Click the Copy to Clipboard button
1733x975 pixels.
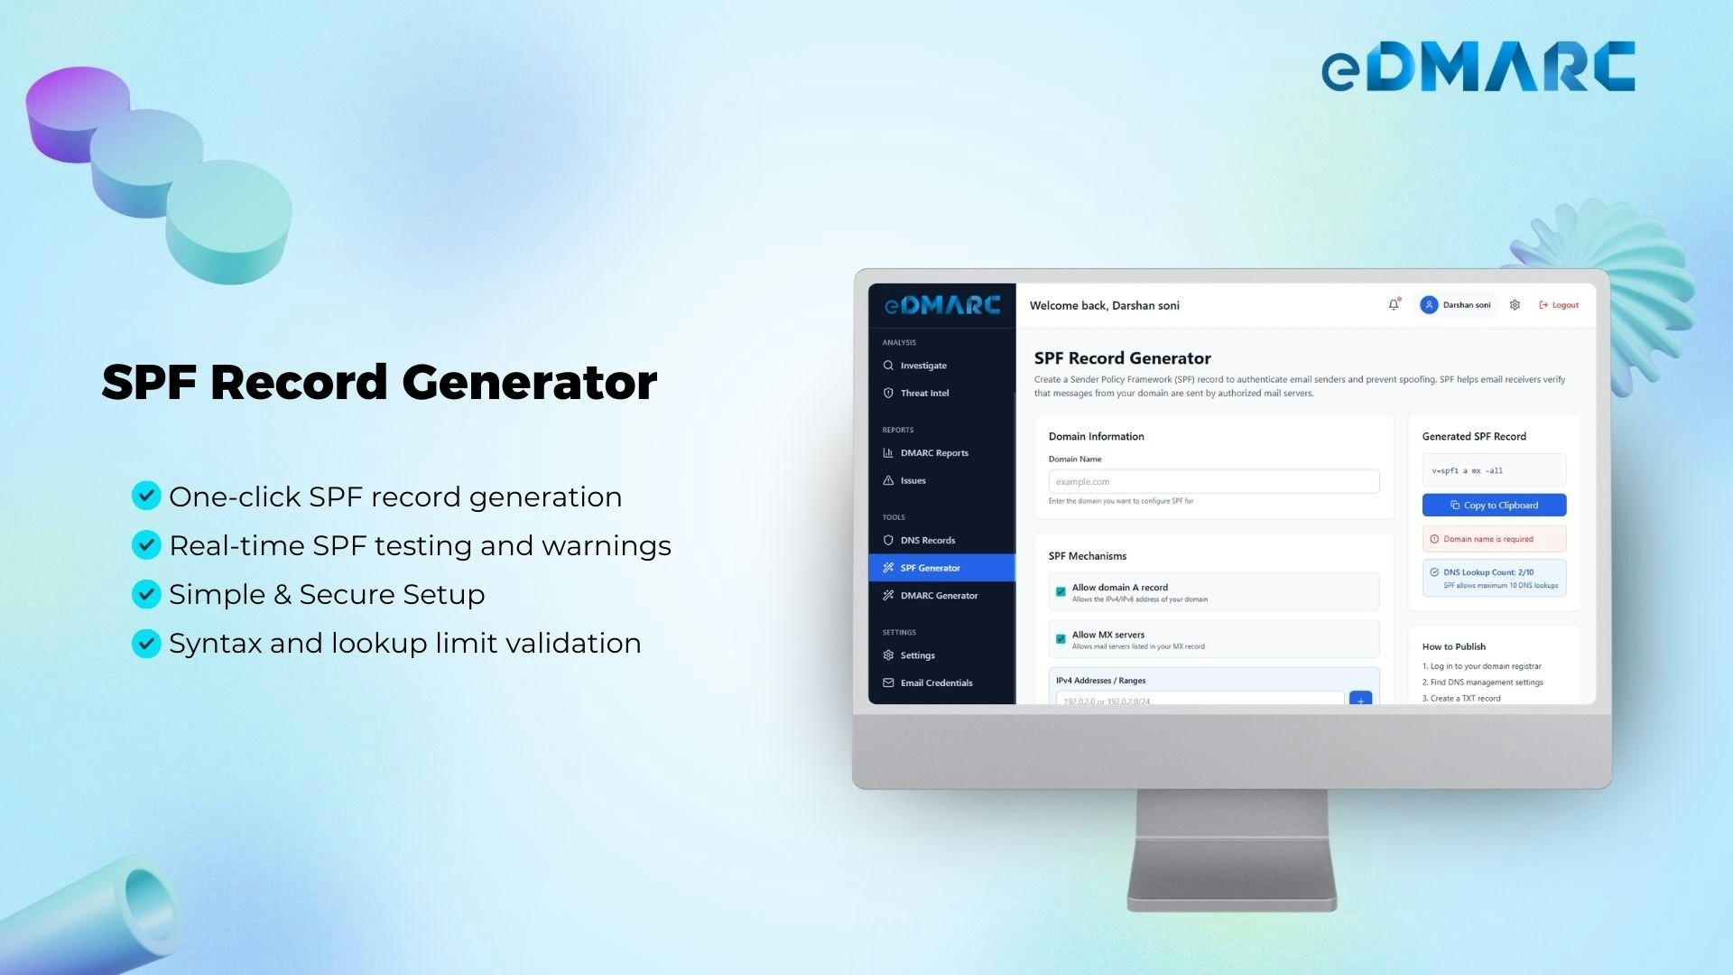click(1494, 506)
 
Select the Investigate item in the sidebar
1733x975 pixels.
click(923, 366)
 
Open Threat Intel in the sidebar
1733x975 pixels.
click(924, 393)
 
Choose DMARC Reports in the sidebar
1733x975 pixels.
click(933, 453)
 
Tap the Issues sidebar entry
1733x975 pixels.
click(913, 480)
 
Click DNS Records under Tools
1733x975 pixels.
click(927, 540)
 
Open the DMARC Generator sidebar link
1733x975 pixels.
click(939, 596)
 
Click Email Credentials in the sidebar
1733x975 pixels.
click(936, 682)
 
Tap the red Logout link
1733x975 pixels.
click(1559, 305)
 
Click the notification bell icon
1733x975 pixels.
click(1394, 305)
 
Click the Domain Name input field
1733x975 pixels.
click(1213, 481)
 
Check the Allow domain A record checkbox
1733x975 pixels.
click(1061, 592)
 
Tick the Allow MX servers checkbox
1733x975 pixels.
click(1061, 639)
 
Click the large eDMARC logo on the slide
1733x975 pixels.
click(1478, 67)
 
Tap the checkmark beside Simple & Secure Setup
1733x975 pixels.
click(146, 594)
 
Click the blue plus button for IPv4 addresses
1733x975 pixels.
click(1360, 699)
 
